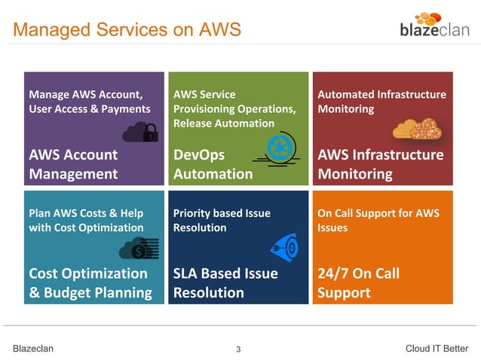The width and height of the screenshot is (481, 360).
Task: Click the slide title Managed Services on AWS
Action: [x=127, y=30]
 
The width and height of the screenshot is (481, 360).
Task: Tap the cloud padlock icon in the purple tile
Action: [x=141, y=133]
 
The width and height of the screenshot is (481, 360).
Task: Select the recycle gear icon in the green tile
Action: [x=279, y=148]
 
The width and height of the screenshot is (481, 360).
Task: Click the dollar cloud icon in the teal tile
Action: [x=139, y=248]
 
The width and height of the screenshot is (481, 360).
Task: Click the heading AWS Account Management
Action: [x=73, y=164]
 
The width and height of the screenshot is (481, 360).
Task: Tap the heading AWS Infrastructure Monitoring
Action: [x=381, y=164]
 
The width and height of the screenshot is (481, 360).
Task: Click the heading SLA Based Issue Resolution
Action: [x=225, y=282]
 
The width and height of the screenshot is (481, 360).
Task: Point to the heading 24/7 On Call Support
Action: [x=358, y=282]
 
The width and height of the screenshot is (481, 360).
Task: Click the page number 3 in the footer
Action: [x=238, y=349]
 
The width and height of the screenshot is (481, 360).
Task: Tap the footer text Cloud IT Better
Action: [x=437, y=348]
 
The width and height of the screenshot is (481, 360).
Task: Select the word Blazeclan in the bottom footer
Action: [x=33, y=348]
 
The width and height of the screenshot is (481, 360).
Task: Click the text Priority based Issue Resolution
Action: [x=222, y=220]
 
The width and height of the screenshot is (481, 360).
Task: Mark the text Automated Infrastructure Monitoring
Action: [x=381, y=102]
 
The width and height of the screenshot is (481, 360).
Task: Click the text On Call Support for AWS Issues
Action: [x=378, y=220]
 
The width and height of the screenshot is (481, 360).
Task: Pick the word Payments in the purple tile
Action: [x=128, y=108]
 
